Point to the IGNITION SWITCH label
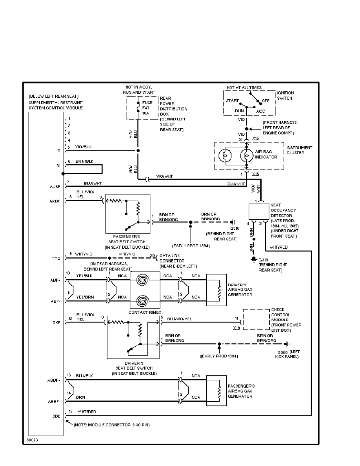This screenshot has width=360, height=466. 285,95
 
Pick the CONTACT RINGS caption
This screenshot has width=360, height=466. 145,312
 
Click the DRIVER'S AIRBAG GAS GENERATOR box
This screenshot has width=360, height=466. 216,290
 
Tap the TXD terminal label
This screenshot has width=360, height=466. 56,259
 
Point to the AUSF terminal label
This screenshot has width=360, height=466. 55,186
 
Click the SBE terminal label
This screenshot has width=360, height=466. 56,417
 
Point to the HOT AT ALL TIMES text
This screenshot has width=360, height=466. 244,87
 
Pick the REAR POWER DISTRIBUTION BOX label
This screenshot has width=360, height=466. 173,106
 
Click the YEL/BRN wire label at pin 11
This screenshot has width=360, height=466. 85,297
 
